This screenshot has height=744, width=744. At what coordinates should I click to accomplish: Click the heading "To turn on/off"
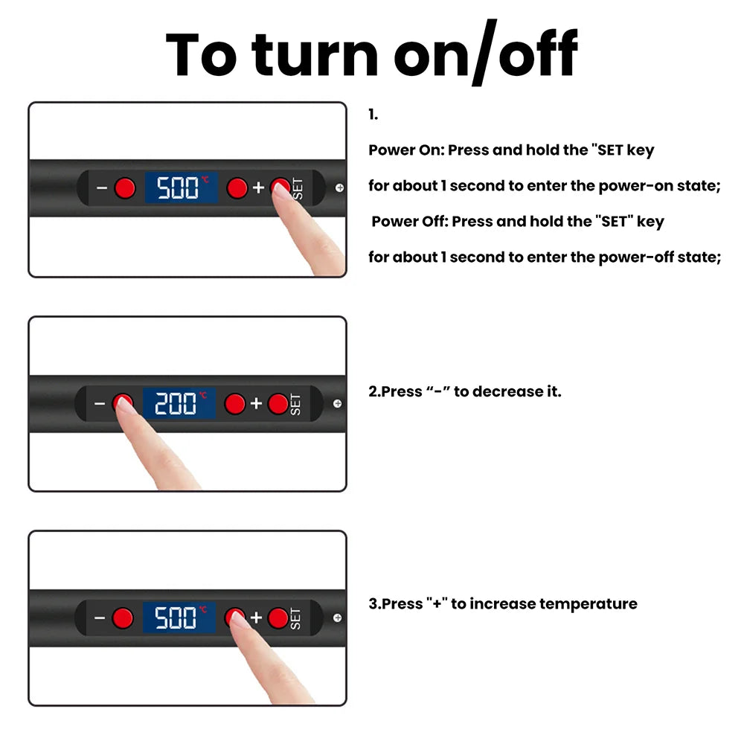point(371,53)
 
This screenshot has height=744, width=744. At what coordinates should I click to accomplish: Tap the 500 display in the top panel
point(182,188)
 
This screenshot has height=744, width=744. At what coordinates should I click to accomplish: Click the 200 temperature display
point(179,404)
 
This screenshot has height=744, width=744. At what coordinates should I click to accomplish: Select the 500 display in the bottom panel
point(179,618)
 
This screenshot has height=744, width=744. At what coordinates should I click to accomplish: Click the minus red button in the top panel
point(125,188)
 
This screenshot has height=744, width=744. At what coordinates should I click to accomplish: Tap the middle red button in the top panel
point(237,188)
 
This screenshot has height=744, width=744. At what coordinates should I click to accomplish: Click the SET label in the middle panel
point(295,404)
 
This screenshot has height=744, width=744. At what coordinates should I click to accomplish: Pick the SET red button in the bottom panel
point(278,618)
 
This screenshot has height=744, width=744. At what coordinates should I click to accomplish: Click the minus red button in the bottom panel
point(123,618)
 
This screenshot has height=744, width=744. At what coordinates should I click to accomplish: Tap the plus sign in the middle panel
point(256,403)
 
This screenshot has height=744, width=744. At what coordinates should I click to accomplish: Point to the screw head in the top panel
point(340,188)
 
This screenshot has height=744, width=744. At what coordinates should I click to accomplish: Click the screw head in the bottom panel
point(337,618)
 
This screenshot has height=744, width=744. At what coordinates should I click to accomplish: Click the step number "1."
point(373,115)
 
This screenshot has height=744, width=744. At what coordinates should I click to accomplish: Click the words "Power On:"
point(407,150)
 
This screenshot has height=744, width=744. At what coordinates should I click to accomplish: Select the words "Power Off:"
point(410,221)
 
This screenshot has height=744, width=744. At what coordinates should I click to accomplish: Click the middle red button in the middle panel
point(235,404)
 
